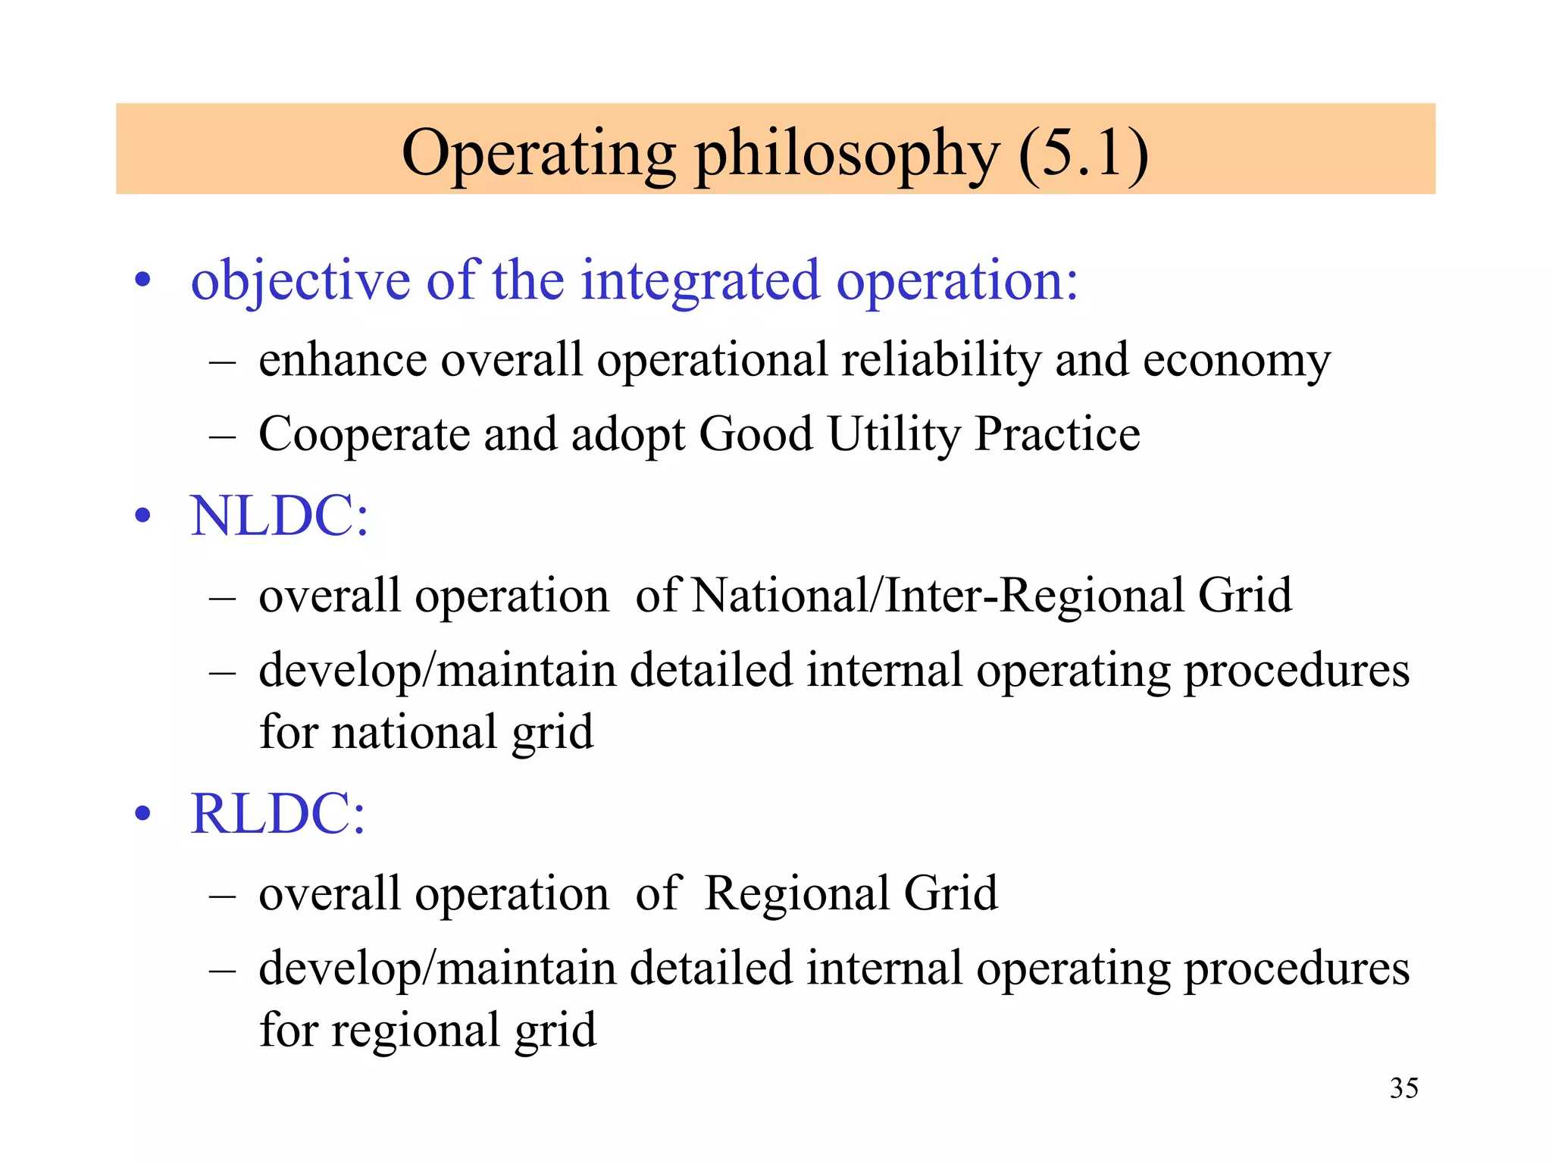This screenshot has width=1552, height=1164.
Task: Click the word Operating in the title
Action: (x=539, y=154)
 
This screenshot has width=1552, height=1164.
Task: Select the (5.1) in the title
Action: (x=1084, y=154)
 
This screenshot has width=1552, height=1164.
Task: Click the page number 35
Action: (x=1403, y=1088)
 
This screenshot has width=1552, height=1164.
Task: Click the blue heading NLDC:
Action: (x=279, y=517)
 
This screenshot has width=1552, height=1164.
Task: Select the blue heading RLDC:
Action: (x=277, y=815)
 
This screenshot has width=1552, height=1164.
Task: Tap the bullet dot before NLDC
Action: (x=142, y=517)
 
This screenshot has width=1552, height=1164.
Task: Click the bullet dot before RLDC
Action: (x=142, y=815)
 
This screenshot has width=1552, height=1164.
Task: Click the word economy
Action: (x=1237, y=361)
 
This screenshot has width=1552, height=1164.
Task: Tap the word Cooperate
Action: (x=365, y=435)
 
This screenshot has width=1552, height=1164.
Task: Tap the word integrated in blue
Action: (x=700, y=282)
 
